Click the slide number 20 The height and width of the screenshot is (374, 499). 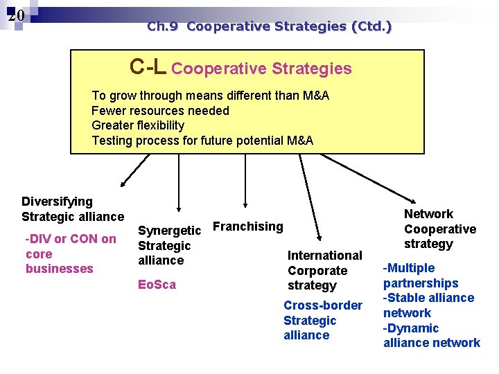point(17,15)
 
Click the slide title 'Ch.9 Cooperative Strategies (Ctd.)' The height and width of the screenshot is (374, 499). point(269,27)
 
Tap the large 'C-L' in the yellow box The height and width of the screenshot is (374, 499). point(148,66)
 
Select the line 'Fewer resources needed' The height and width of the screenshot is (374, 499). point(160,111)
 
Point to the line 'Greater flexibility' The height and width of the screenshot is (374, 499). point(138,125)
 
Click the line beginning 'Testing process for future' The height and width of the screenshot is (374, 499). point(202,141)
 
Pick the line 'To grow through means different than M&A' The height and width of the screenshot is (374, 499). point(210,96)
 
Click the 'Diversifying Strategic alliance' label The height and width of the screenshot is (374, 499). point(72,209)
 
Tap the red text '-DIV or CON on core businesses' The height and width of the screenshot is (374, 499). point(70,253)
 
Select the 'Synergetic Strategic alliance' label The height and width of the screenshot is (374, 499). point(169,245)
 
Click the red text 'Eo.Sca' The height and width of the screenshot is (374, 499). point(157,285)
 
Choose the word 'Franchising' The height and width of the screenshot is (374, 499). point(247,226)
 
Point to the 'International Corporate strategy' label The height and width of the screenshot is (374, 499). point(324,270)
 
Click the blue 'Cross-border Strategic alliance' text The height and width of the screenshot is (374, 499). point(322,320)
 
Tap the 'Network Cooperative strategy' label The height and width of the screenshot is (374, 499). point(439,229)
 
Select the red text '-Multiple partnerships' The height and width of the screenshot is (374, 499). point(420,276)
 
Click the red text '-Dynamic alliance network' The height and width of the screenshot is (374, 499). point(431,335)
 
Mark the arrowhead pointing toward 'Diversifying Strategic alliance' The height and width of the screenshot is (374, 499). point(123,184)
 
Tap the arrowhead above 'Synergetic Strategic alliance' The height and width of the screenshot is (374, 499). point(179,207)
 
